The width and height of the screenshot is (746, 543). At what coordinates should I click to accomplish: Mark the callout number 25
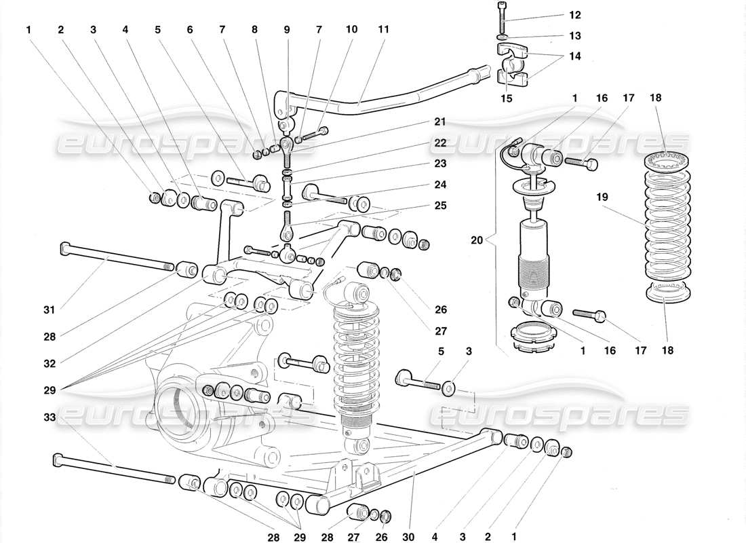click(441, 204)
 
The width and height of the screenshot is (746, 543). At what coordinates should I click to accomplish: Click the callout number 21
click(441, 122)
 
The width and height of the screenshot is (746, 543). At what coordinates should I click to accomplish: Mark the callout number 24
click(441, 184)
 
